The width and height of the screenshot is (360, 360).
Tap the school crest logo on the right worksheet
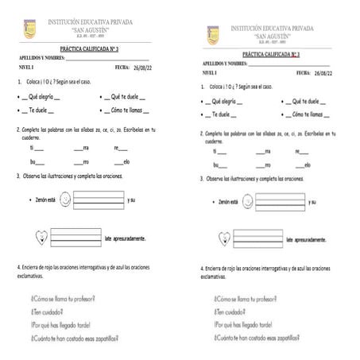coord(213,34)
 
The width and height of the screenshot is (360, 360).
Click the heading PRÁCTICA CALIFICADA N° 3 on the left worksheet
coord(90,49)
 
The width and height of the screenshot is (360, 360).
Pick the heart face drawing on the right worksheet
coord(225,237)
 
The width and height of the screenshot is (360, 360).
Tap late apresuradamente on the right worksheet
coord(314,238)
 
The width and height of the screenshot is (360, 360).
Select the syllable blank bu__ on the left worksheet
coord(36,161)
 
